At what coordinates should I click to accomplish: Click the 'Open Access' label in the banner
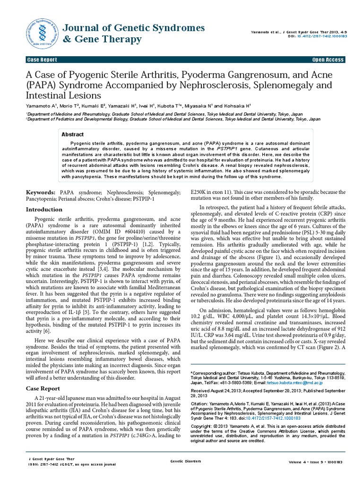[328, 60]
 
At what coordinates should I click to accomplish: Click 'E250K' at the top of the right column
[199, 192]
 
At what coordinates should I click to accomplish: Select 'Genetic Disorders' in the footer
[185, 461]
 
